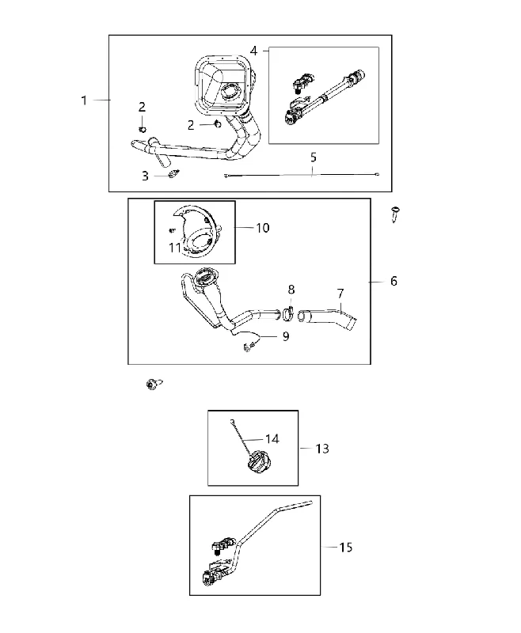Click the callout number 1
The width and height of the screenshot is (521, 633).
point(84,100)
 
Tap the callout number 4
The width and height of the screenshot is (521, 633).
point(253,51)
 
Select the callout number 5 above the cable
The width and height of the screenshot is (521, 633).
point(314,157)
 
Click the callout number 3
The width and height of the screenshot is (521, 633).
point(145,176)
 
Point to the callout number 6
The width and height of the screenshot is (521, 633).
point(394,281)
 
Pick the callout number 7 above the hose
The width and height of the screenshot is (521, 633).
point(340,294)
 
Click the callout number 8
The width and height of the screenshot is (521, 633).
point(291,290)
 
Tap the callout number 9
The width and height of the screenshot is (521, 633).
point(286,336)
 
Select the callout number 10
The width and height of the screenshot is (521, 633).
point(263,228)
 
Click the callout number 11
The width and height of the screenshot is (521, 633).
point(174,248)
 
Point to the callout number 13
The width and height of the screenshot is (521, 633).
point(322,449)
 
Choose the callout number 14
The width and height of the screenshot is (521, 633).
point(272,439)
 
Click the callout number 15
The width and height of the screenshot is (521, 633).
point(346,548)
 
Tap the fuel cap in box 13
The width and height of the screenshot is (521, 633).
point(257,462)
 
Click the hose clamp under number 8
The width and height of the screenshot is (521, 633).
point(287,313)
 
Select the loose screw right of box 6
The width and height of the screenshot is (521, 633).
point(395,214)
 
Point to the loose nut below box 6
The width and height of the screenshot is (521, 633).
point(152,384)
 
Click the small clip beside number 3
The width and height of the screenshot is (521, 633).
point(173,174)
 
